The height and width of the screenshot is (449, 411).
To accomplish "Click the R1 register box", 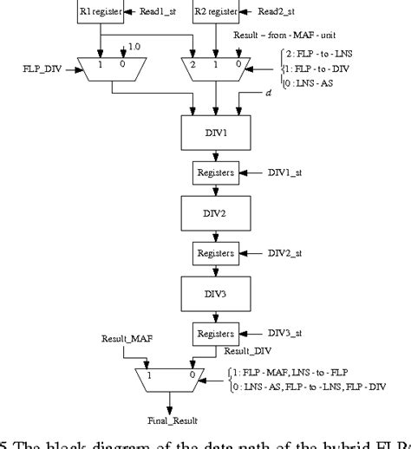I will click(101, 12).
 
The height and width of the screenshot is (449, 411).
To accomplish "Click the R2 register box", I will click(215, 12).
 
